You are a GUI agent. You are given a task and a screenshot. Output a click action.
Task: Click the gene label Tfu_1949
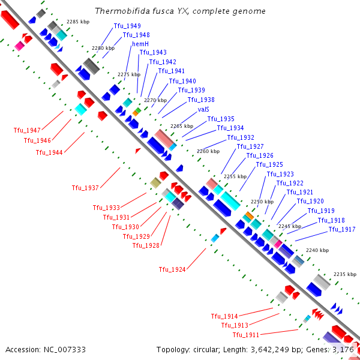coord(127,26)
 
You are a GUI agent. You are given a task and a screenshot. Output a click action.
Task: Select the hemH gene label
coord(140,44)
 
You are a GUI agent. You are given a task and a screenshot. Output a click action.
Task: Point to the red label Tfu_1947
coord(27,131)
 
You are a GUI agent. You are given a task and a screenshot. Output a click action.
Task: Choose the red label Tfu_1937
coord(85,188)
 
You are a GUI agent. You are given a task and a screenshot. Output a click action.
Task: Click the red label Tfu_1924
coord(172,269)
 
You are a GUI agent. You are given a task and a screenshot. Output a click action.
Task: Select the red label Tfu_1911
coord(246,334)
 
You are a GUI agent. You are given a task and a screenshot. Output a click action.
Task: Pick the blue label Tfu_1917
coord(342,230)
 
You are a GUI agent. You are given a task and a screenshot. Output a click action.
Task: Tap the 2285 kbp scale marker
coord(77,22)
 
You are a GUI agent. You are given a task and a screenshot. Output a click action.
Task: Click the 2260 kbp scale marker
coord(208,151)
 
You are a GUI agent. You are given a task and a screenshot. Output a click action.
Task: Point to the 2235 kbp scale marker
coord(345,274)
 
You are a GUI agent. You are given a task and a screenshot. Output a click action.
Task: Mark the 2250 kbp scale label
coord(262,202)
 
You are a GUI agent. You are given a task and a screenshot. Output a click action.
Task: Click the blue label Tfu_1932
coord(241,137)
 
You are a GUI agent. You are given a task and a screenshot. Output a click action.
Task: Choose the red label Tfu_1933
coord(106,208)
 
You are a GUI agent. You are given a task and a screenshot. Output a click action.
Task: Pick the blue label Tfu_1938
coord(201,100)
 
